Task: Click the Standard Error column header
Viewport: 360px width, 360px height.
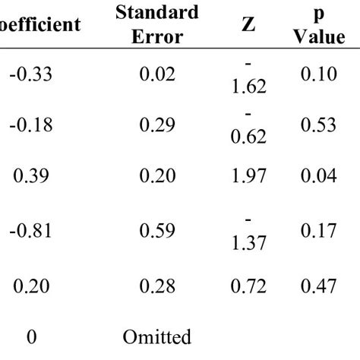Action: coord(157,24)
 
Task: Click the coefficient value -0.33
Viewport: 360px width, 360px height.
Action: coord(32,74)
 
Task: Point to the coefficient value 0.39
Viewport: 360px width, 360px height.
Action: coord(32,176)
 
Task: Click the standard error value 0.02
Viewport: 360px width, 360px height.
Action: coord(157,74)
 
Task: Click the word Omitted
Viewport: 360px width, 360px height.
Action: coord(157,336)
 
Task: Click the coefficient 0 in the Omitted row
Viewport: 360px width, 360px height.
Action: coord(32,336)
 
